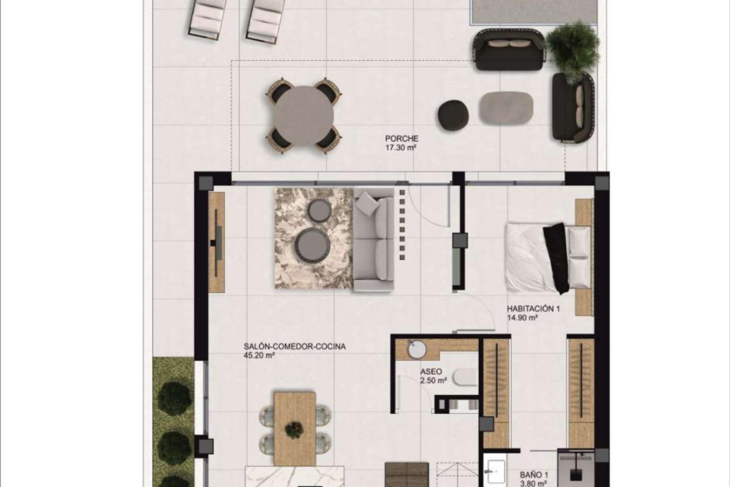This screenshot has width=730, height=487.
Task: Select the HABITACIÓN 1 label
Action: point(533,309)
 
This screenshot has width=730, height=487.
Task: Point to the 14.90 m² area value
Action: point(522,318)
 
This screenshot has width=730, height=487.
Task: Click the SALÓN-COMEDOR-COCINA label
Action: point(295,347)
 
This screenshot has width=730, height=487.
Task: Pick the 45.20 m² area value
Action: point(259,356)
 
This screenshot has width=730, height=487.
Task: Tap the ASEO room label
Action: point(431,371)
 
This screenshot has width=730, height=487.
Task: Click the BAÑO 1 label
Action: point(534,475)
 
